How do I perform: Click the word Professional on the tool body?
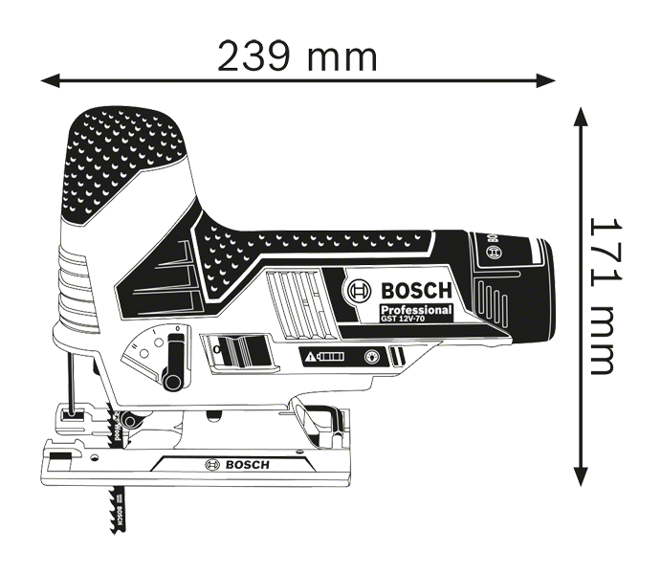[415, 312]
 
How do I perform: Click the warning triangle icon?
[311, 357]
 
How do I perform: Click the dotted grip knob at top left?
[124, 163]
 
